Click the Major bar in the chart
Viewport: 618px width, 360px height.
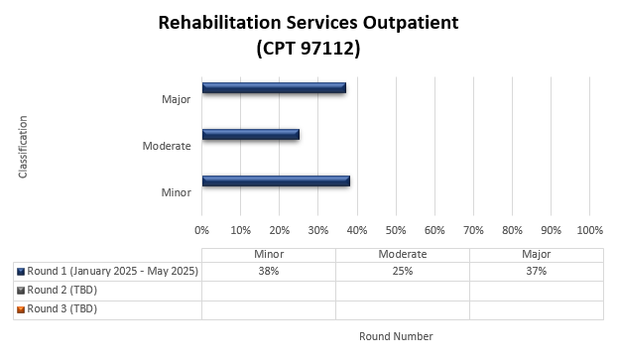(274, 88)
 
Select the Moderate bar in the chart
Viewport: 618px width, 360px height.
(250, 135)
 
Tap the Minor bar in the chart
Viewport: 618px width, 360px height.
(276, 181)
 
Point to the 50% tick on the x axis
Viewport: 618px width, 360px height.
(396, 230)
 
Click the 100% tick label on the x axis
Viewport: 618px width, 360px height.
(589, 230)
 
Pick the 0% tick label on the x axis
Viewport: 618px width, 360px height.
(202, 230)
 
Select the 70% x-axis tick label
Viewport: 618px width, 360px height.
(473, 230)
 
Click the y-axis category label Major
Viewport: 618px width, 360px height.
(176, 99)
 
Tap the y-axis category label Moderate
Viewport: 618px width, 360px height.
(167, 146)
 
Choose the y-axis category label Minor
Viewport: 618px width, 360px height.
(176, 191)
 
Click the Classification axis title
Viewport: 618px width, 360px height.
(23, 147)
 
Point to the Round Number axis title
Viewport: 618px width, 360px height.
(396, 336)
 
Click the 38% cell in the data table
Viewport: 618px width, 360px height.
(269, 271)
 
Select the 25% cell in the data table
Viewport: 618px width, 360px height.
(402, 271)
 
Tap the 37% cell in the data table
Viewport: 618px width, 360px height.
(536, 271)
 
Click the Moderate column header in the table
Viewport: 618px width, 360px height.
(402, 254)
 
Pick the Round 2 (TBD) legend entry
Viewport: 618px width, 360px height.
(62, 290)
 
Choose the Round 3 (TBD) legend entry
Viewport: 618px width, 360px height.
(62, 308)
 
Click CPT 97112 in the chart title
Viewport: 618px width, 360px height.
(308, 48)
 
